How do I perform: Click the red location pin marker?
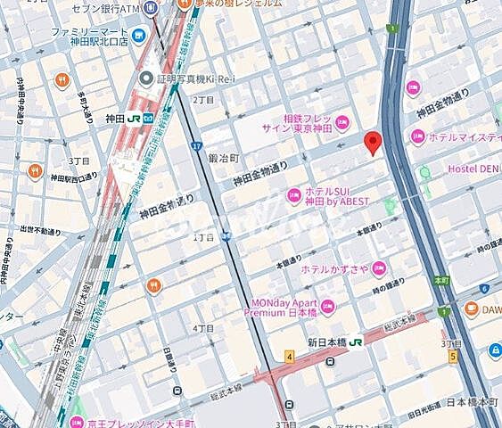(x=374, y=143)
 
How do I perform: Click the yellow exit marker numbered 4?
(x=290, y=358)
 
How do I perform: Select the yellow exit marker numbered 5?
(x=454, y=357)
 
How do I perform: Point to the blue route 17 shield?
(x=194, y=144)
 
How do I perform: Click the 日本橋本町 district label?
(x=473, y=402)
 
